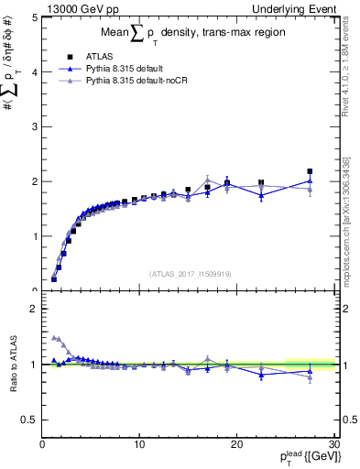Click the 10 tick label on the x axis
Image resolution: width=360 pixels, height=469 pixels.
point(139,444)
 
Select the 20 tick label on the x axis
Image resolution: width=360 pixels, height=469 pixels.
point(236,444)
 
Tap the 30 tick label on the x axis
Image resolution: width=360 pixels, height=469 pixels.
point(333,444)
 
